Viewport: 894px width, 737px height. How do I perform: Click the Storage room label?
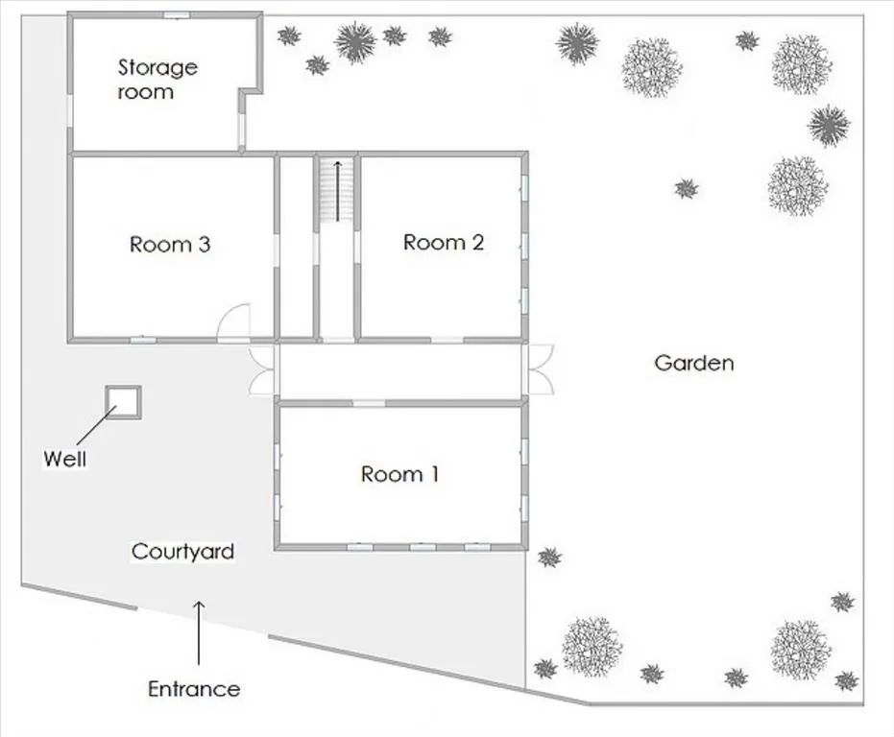[x=157, y=80]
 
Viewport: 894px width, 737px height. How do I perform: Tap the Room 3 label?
[x=170, y=245]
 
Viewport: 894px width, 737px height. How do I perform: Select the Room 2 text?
[x=444, y=242]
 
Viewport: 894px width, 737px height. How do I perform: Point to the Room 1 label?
[x=399, y=474]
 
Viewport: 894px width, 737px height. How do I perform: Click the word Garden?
[x=694, y=363]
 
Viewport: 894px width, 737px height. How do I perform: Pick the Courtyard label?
[x=182, y=551]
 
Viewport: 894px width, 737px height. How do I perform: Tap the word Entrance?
[x=194, y=689]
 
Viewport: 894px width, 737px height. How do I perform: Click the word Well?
[x=65, y=459]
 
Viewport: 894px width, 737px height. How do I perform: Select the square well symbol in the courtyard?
[x=123, y=402]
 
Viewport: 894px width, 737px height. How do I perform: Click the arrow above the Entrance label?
[x=199, y=632]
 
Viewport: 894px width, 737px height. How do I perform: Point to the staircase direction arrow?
[x=338, y=191]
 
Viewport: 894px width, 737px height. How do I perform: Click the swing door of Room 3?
[x=234, y=323]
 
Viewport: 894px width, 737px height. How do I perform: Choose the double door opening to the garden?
[x=540, y=369]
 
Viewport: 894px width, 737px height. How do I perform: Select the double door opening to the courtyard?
[x=262, y=371]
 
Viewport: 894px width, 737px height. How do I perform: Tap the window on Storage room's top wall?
[x=177, y=14]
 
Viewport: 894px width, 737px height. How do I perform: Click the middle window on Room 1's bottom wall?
[x=423, y=547]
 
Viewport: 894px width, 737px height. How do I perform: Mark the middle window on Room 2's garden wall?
[x=524, y=246]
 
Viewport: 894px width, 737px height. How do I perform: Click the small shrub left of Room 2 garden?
[x=687, y=188]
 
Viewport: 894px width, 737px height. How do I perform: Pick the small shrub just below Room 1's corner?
[x=549, y=557]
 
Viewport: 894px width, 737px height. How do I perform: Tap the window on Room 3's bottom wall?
[x=143, y=341]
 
